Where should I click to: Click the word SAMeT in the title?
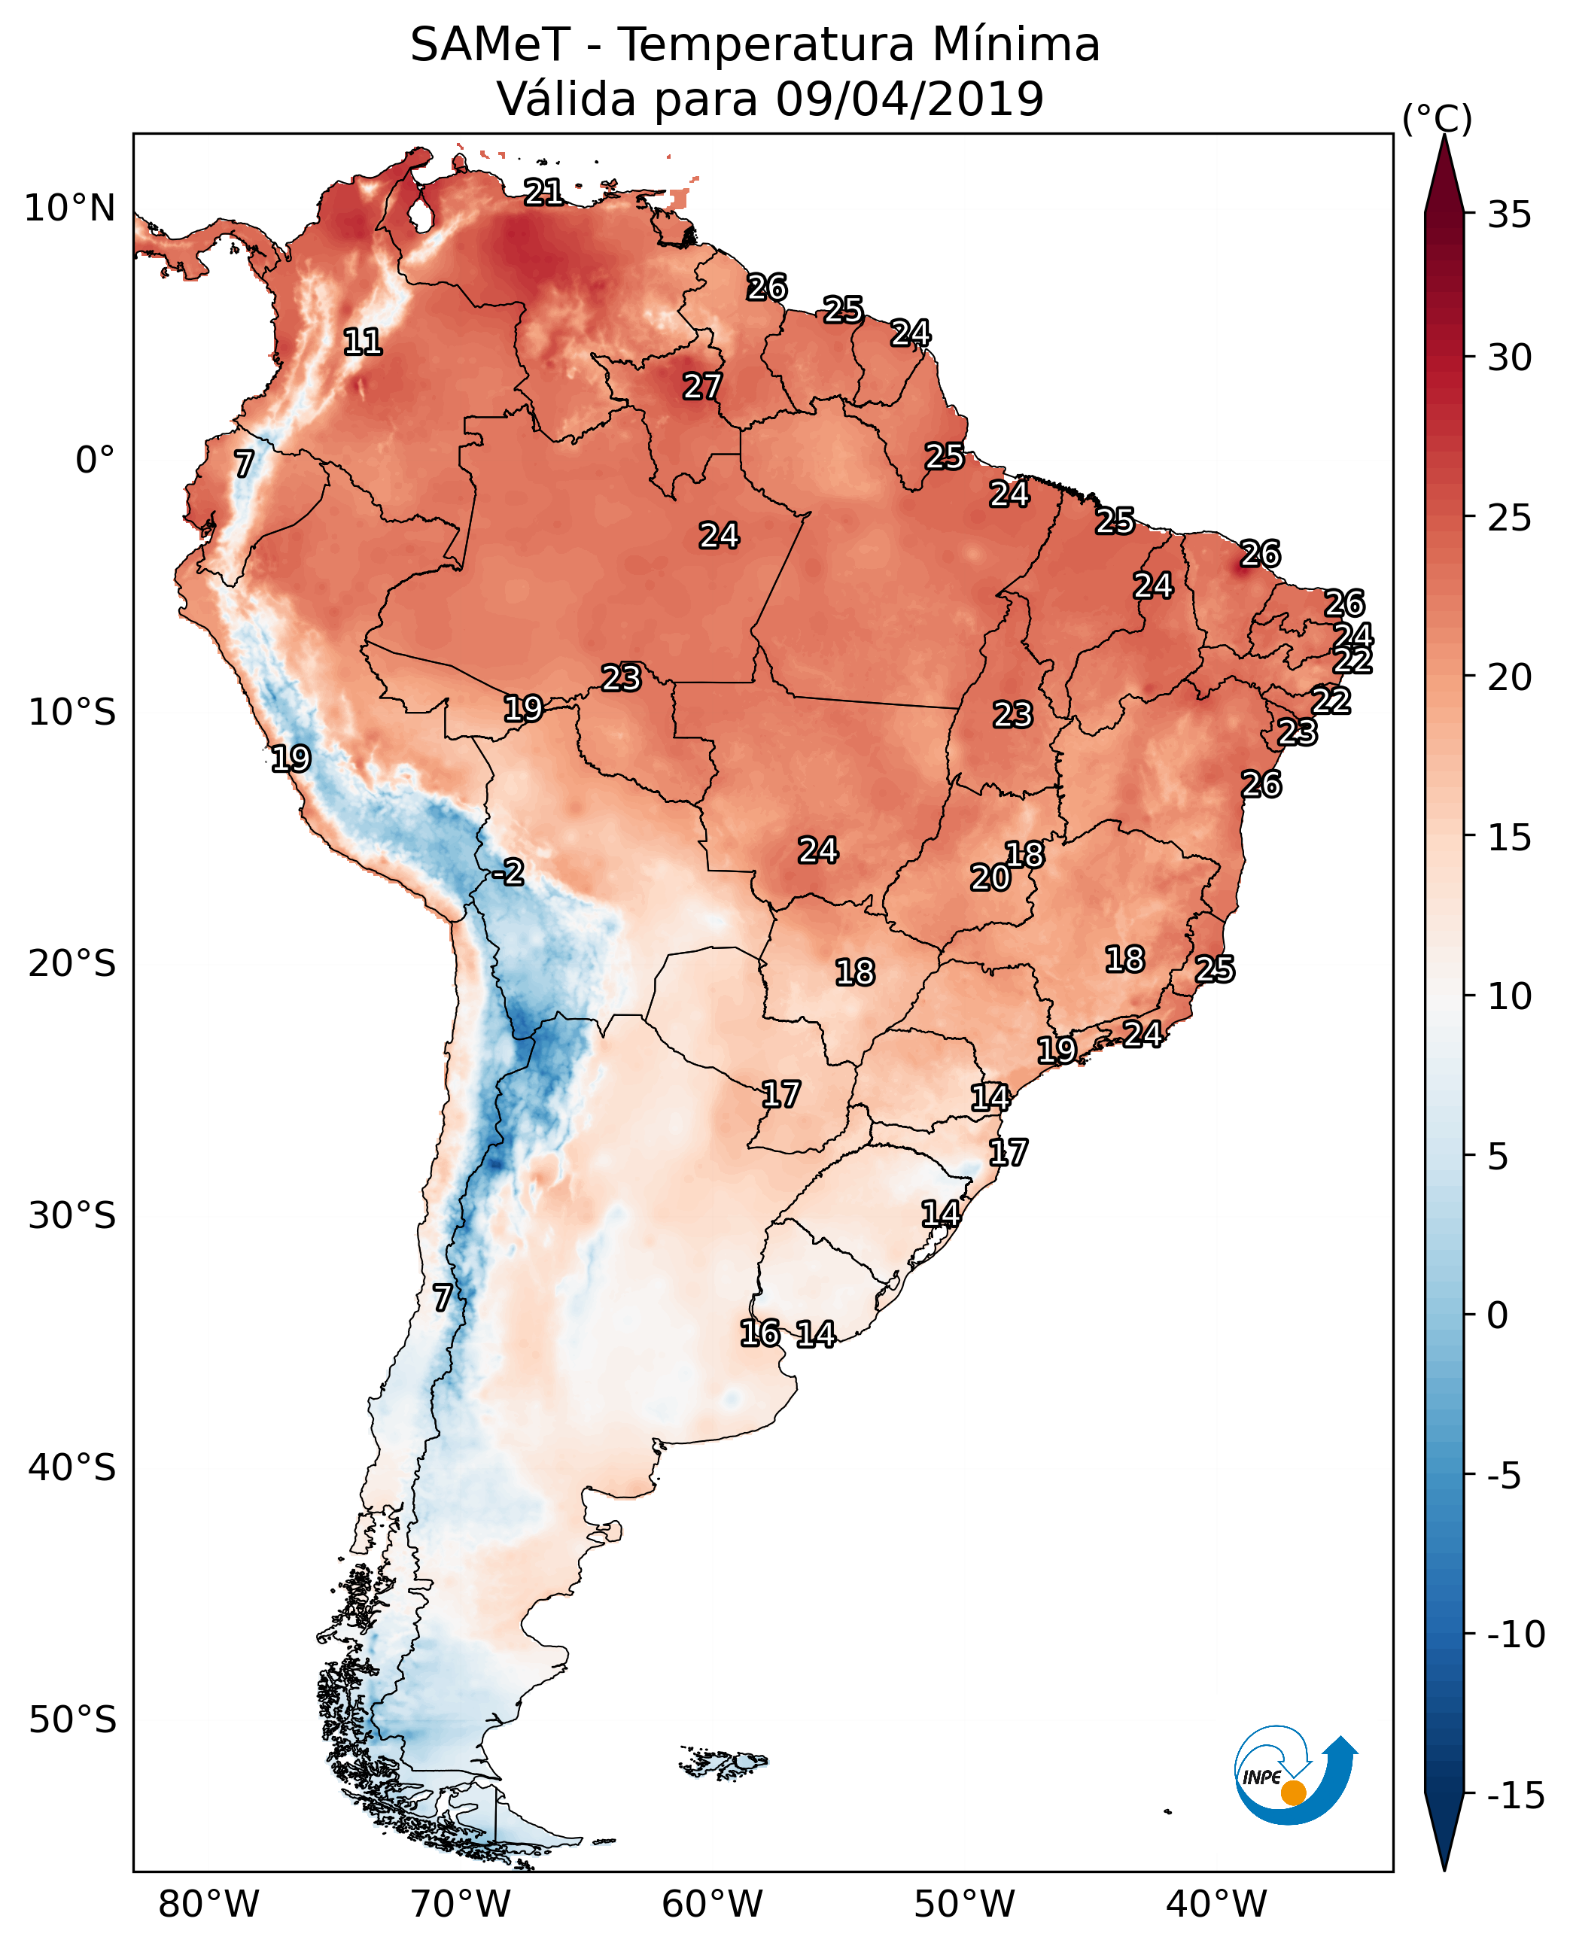pos(489,45)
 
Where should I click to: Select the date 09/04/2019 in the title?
pos(909,99)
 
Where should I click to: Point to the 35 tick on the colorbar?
pos(1509,215)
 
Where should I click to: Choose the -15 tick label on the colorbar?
pos(1516,1796)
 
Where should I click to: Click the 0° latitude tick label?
pos(95,461)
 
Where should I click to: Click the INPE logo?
pos(1295,1777)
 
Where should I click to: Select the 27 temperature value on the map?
pos(701,387)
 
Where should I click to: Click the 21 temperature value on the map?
pos(543,192)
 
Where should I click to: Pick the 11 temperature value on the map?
pos(363,342)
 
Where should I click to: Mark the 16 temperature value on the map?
pos(759,1333)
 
